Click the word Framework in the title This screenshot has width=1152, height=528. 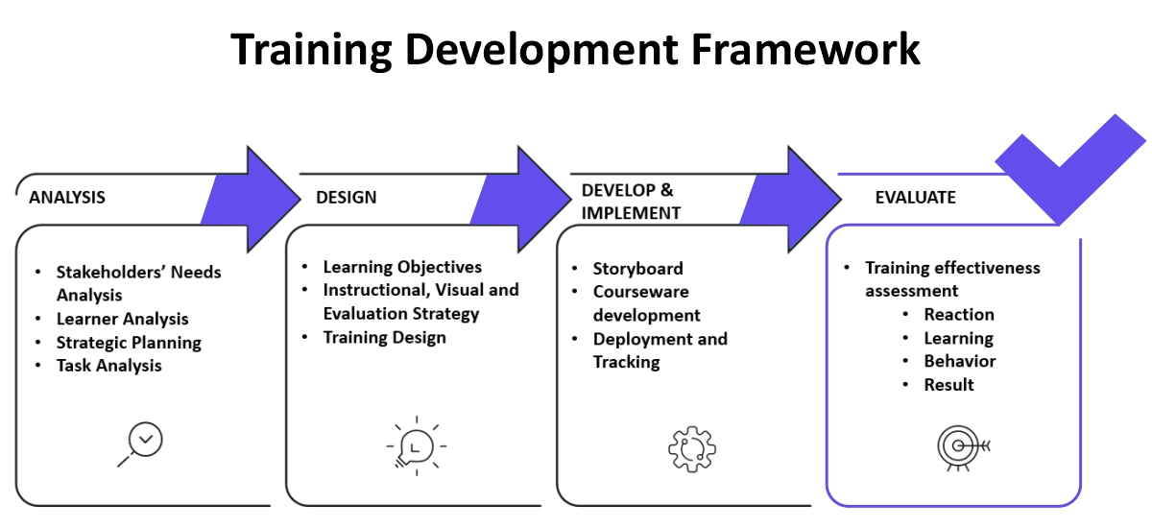(x=804, y=49)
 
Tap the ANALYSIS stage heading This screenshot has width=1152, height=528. (x=67, y=198)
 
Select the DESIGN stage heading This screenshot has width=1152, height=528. (x=347, y=198)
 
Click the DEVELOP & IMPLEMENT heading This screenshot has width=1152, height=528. (x=631, y=202)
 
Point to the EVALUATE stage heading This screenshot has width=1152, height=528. (x=916, y=198)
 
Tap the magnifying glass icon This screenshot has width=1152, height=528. (x=140, y=444)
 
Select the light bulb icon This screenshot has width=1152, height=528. (x=416, y=445)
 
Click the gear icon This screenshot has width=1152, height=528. (x=692, y=449)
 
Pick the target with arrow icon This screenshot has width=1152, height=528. (x=963, y=447)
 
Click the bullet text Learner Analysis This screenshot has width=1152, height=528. (x=123, y=319)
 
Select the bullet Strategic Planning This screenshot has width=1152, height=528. (x=129, y=343)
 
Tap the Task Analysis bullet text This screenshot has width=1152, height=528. (x=109, y=366)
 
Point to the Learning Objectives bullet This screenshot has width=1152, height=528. (x=402, y=267)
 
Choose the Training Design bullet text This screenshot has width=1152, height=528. (x=385, y=338)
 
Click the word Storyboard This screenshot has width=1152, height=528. (x=638, y=269)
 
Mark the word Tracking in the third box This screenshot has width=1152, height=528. (x=626, y=362)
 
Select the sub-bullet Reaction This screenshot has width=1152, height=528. (x=959, y=315)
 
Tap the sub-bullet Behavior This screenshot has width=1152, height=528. (x=960, y=361)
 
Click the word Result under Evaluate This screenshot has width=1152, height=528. (x=948, y=385)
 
